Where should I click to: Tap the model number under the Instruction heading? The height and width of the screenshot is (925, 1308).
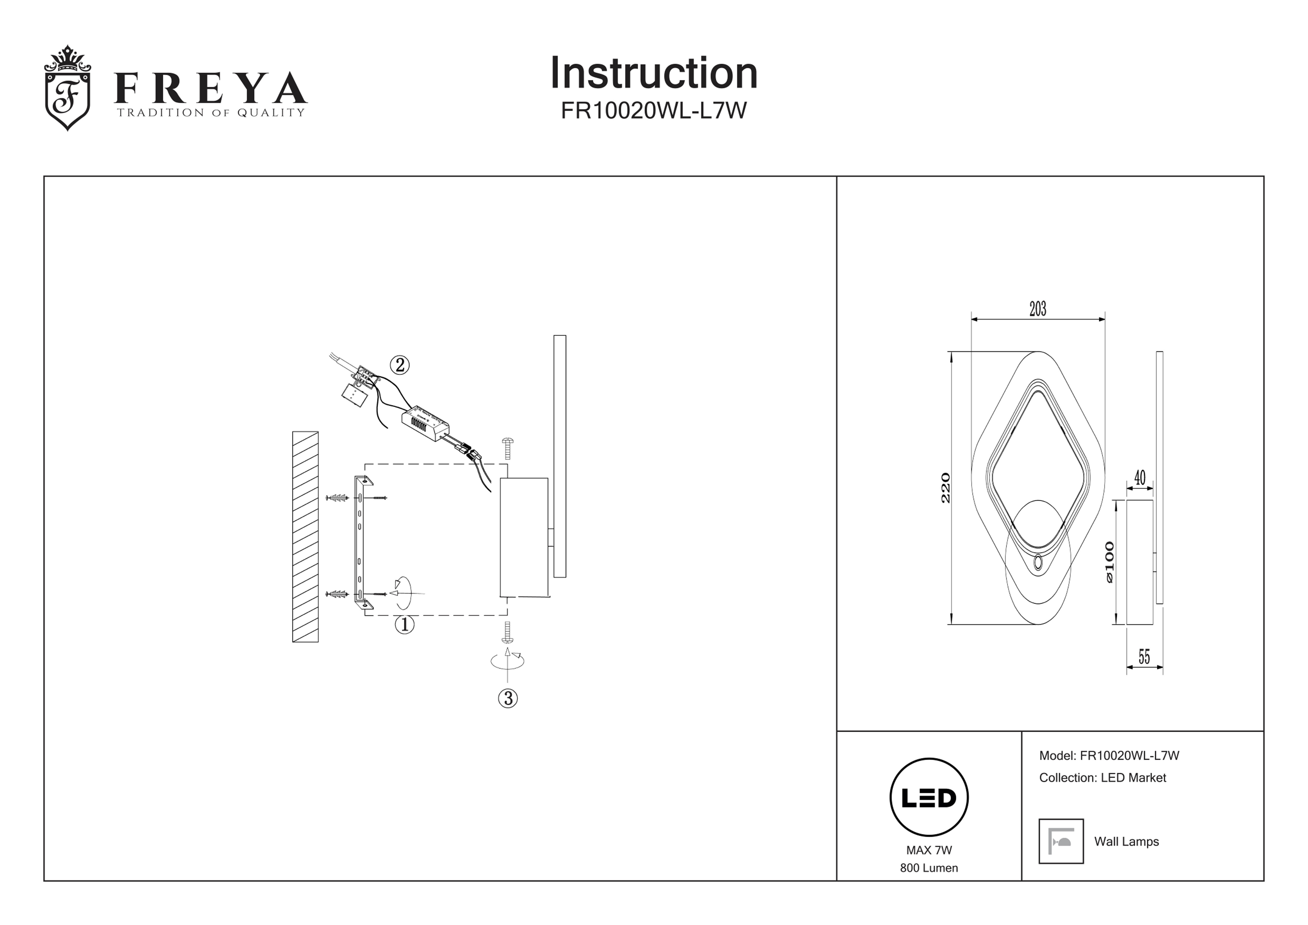point(653,111)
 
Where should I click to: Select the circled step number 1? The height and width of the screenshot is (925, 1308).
point(404,625)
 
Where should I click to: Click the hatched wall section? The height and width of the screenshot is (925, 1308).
point(305,536)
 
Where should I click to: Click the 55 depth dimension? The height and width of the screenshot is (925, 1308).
point(1144,657)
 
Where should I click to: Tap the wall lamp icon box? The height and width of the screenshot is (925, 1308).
point(1061,841)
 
